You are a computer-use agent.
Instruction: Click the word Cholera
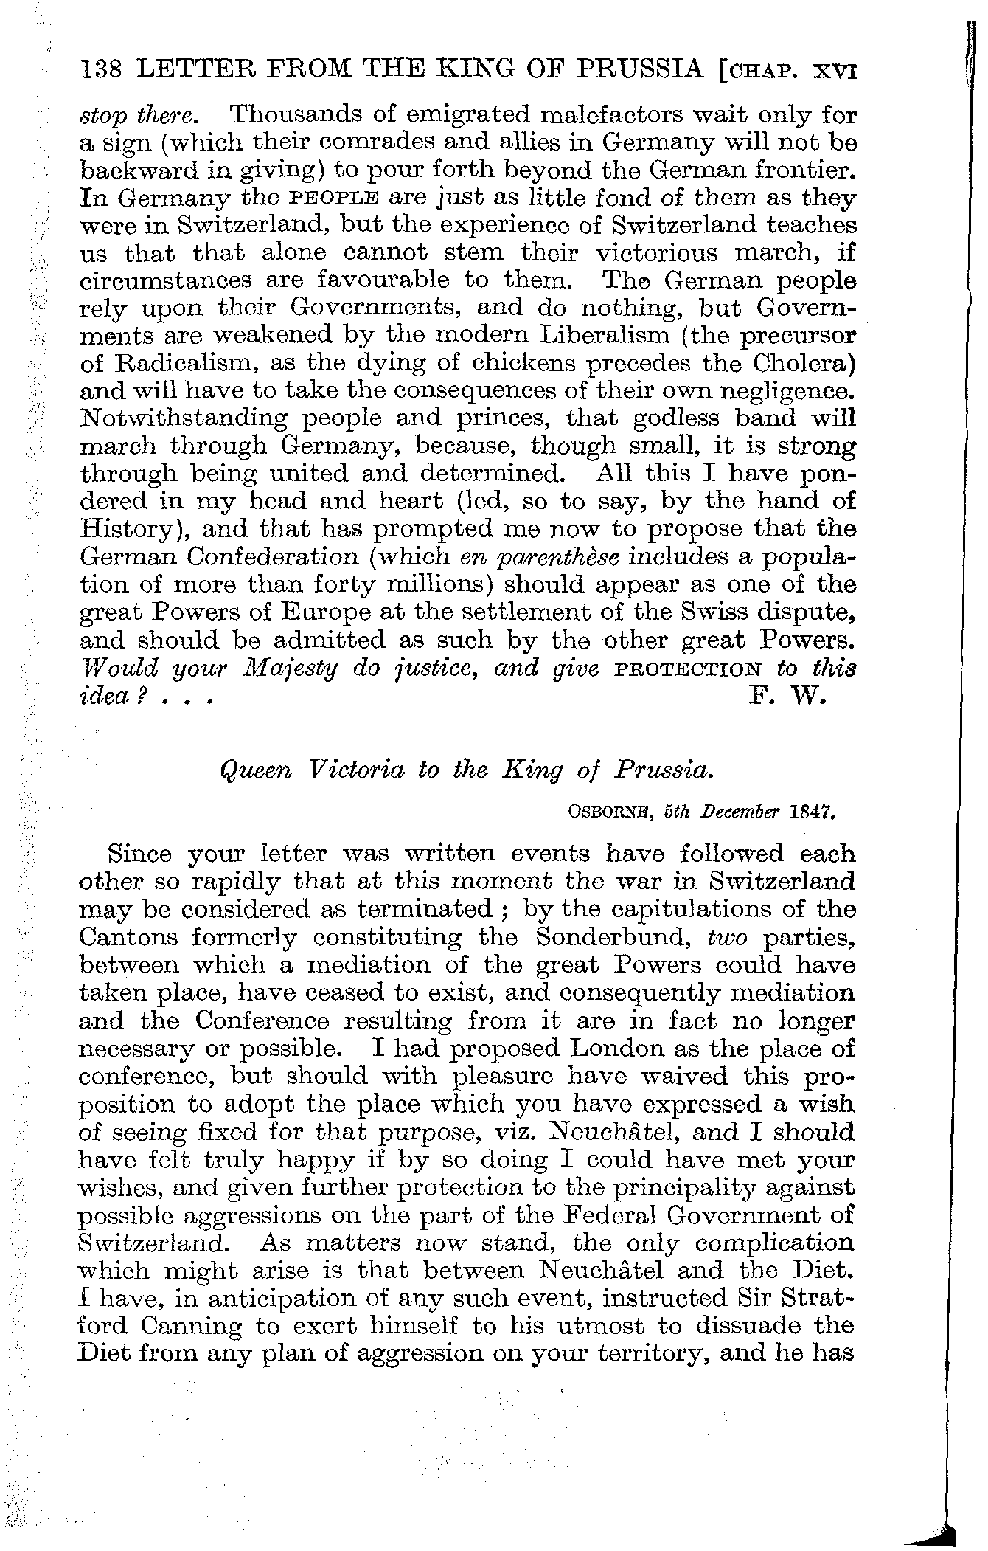[x=802, y=364]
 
